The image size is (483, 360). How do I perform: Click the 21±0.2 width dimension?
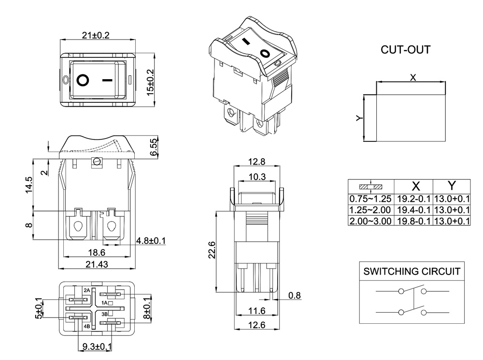tap(96, 35)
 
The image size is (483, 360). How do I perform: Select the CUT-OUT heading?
tap(405, 50)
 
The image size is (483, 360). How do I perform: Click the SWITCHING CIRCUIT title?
tap(412, 271)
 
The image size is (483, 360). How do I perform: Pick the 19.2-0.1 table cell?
tap(413, 199)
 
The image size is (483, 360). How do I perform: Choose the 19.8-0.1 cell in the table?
tap(413, 221)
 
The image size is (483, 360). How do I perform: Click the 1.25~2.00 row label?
tap(371, 210)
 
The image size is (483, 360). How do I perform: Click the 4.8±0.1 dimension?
tap(151, 240)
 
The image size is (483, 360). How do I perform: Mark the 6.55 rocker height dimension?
tap(154, 147)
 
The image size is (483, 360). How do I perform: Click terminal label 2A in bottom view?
tap(87, 290)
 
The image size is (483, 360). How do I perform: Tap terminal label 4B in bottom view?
tap(87, 326)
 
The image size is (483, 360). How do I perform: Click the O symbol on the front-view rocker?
tap(83, 80)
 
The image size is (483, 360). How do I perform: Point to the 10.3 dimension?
tap(257, 177)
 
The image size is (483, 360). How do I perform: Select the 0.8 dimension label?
tap(294, 295)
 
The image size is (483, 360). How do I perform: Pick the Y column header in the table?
tap(452, 186)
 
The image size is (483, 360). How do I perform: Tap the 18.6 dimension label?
tap(97, 252)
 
